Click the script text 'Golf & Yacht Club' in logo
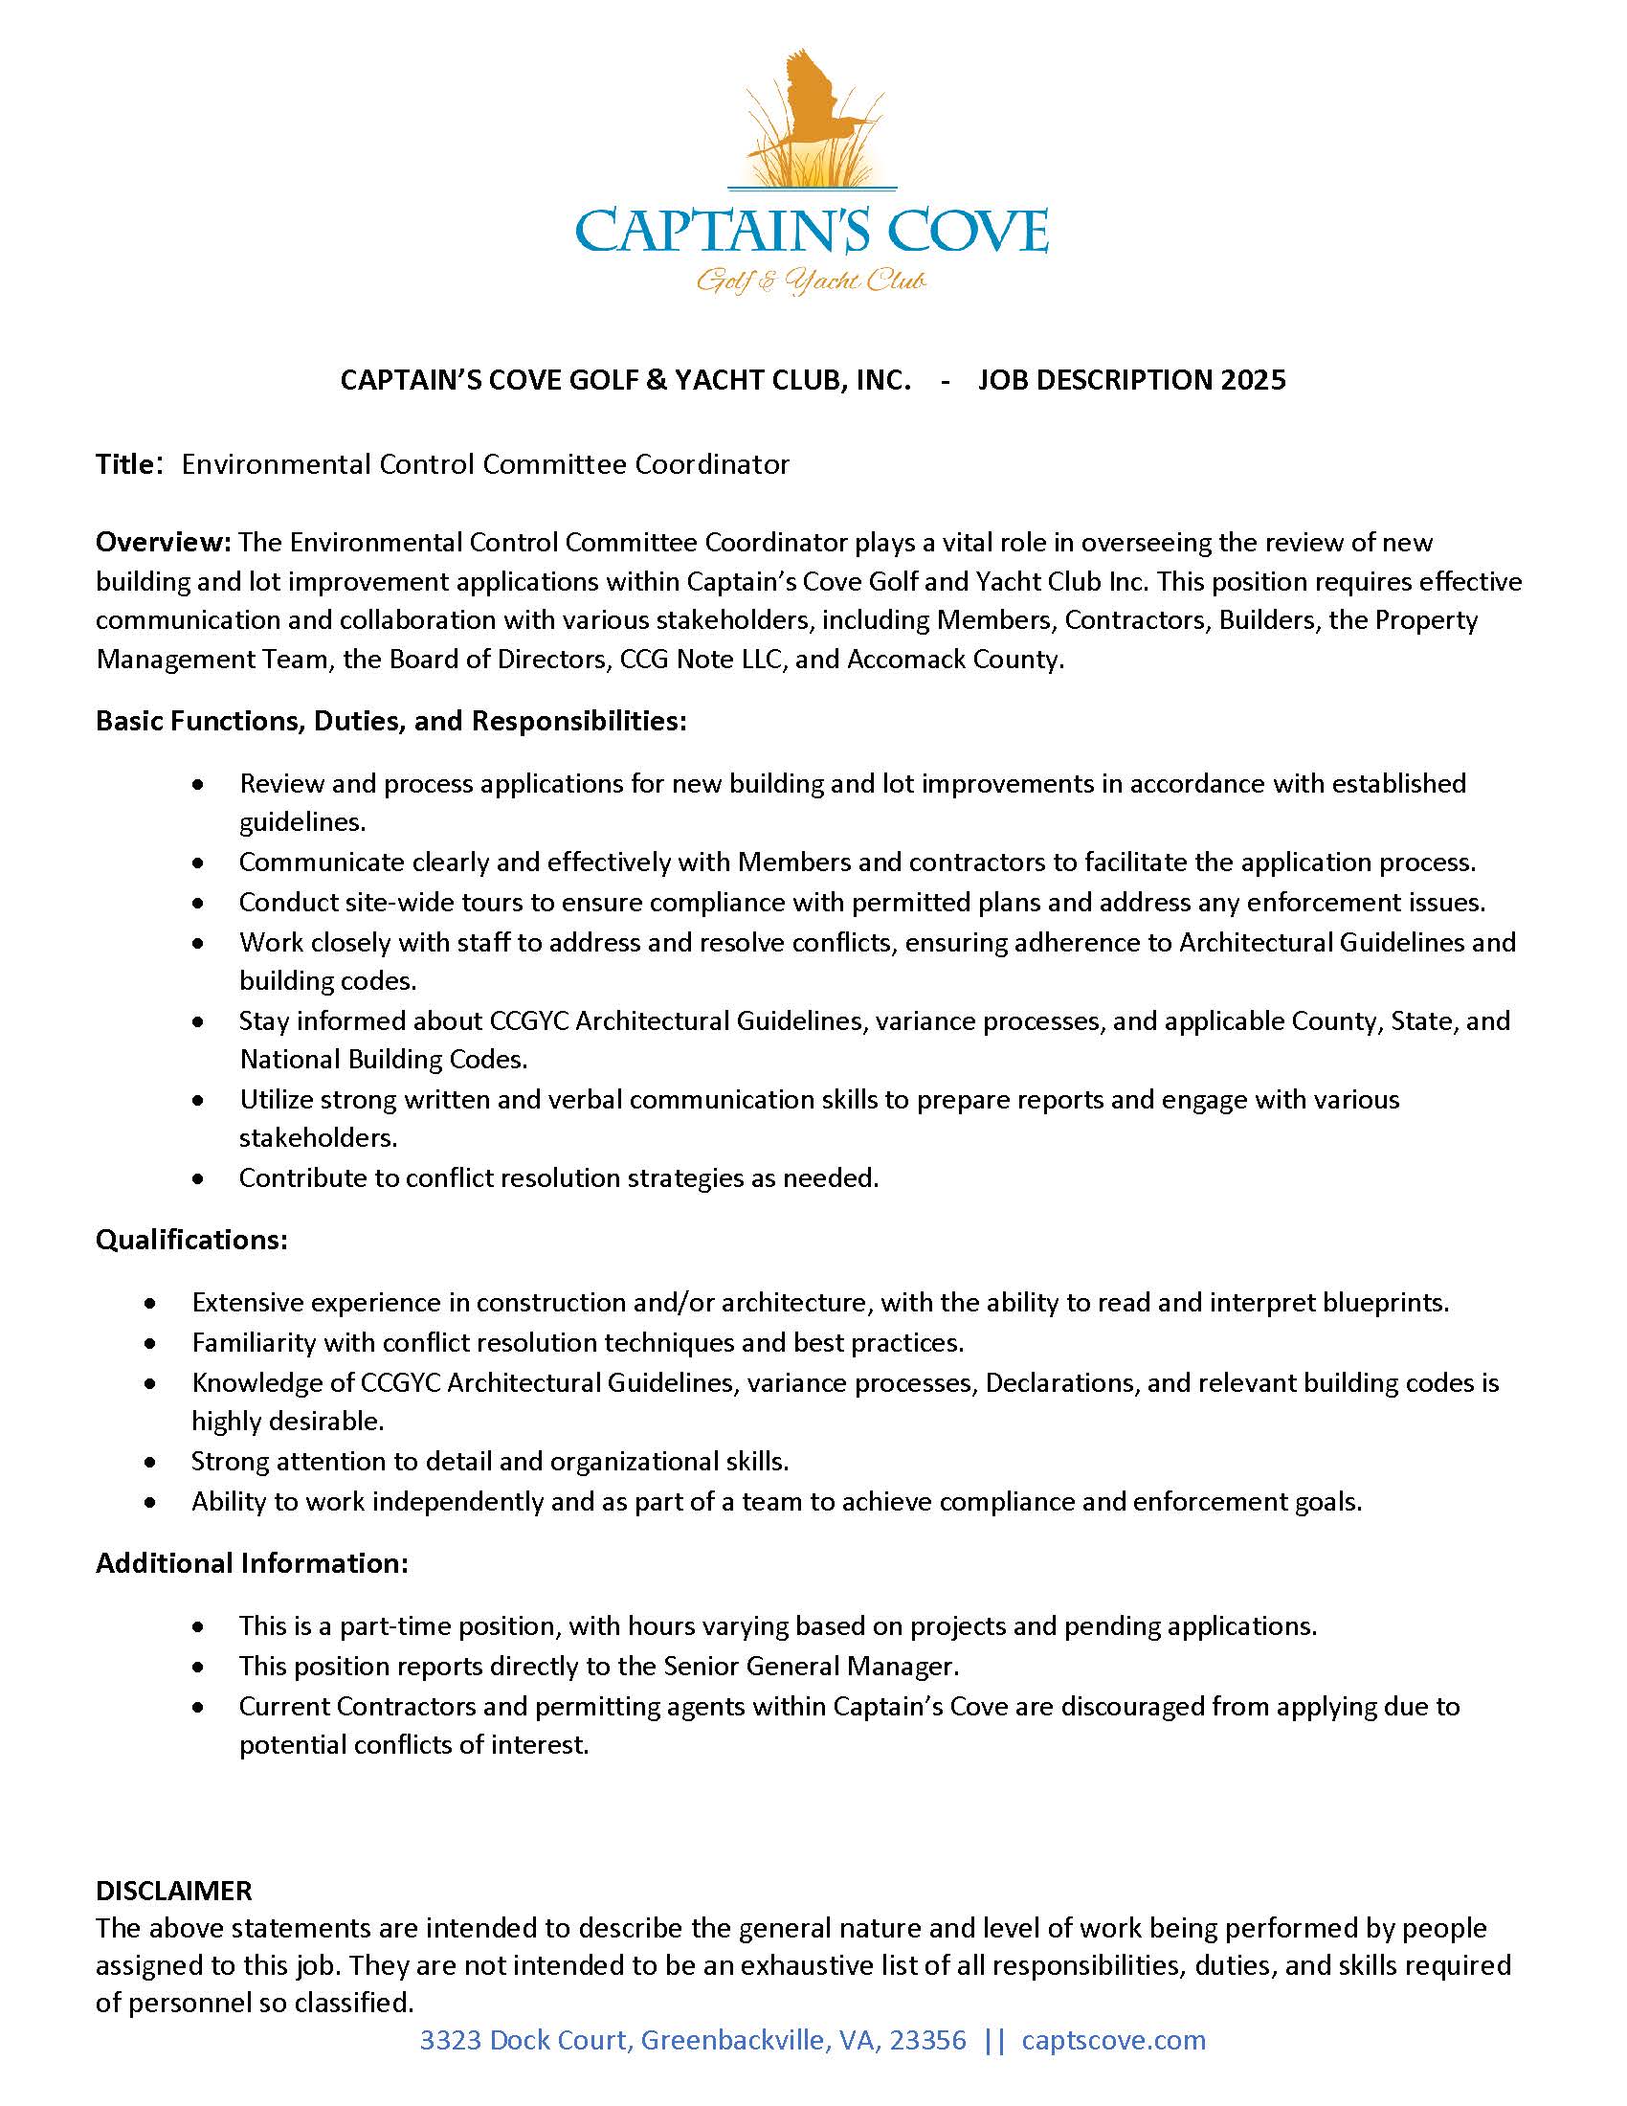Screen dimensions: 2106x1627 812,281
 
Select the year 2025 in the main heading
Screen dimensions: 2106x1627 1252,380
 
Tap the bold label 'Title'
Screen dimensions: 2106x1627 124,465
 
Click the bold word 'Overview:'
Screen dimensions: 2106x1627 163,542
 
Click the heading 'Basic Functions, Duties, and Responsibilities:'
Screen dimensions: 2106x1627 390,721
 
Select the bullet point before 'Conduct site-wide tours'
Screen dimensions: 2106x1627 198,903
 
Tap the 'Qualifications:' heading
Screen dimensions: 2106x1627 190,1240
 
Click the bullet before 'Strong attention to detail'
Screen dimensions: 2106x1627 150,1463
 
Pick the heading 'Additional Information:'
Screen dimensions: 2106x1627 252,1563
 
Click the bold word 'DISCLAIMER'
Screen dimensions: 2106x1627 173,1890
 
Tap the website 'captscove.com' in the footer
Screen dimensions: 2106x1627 1113,2041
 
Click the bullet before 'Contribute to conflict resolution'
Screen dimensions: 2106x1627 198,1178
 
